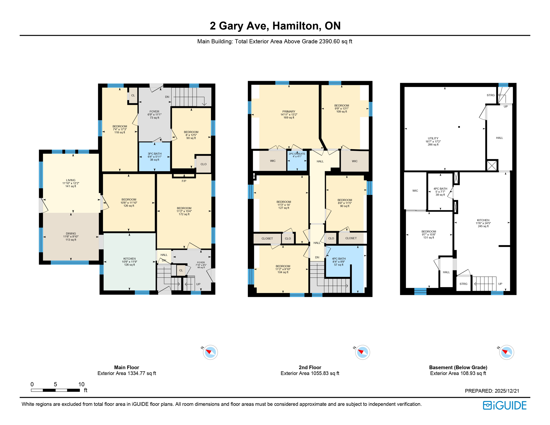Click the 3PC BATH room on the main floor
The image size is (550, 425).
pyautogui.click(x=154, y=157)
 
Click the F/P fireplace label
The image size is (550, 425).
pyautogui.click(x=184, y=181)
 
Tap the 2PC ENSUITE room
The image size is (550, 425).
pyautogui.click(x=297, y=155)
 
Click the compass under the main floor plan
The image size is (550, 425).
pyautogui.click(x=210, y=352)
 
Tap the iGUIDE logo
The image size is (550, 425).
pyautogui.click(x=505, y=405)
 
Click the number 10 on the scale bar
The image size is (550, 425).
pyautogui.click(x=81, y=384)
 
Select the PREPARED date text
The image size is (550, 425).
pyautogui.click(x=492, y=391)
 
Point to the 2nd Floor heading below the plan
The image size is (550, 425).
pyautogui.click(x=310, y=367)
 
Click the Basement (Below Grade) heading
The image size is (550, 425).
pyautogui.click(x=458, y=367)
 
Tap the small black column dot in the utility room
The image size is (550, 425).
pyautogui.click(x=459, y=127)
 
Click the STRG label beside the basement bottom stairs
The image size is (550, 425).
pyautogui.click(x=463, y=284)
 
